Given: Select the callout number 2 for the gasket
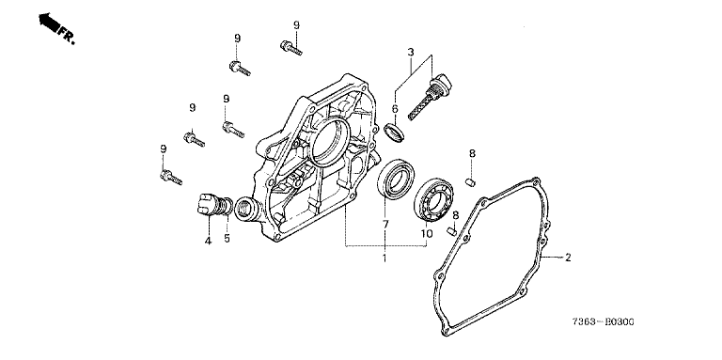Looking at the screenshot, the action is coord(568,258).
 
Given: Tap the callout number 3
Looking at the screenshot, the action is coord(411,52).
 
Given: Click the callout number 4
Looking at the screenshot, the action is coord(208,241).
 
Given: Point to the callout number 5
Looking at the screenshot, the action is coord(227,239).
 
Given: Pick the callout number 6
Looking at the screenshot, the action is coord(395,109).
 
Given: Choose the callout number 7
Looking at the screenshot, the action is coord(385,225).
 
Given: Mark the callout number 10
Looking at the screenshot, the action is coord(427,234).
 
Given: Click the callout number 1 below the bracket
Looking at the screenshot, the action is coord(385,258).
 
